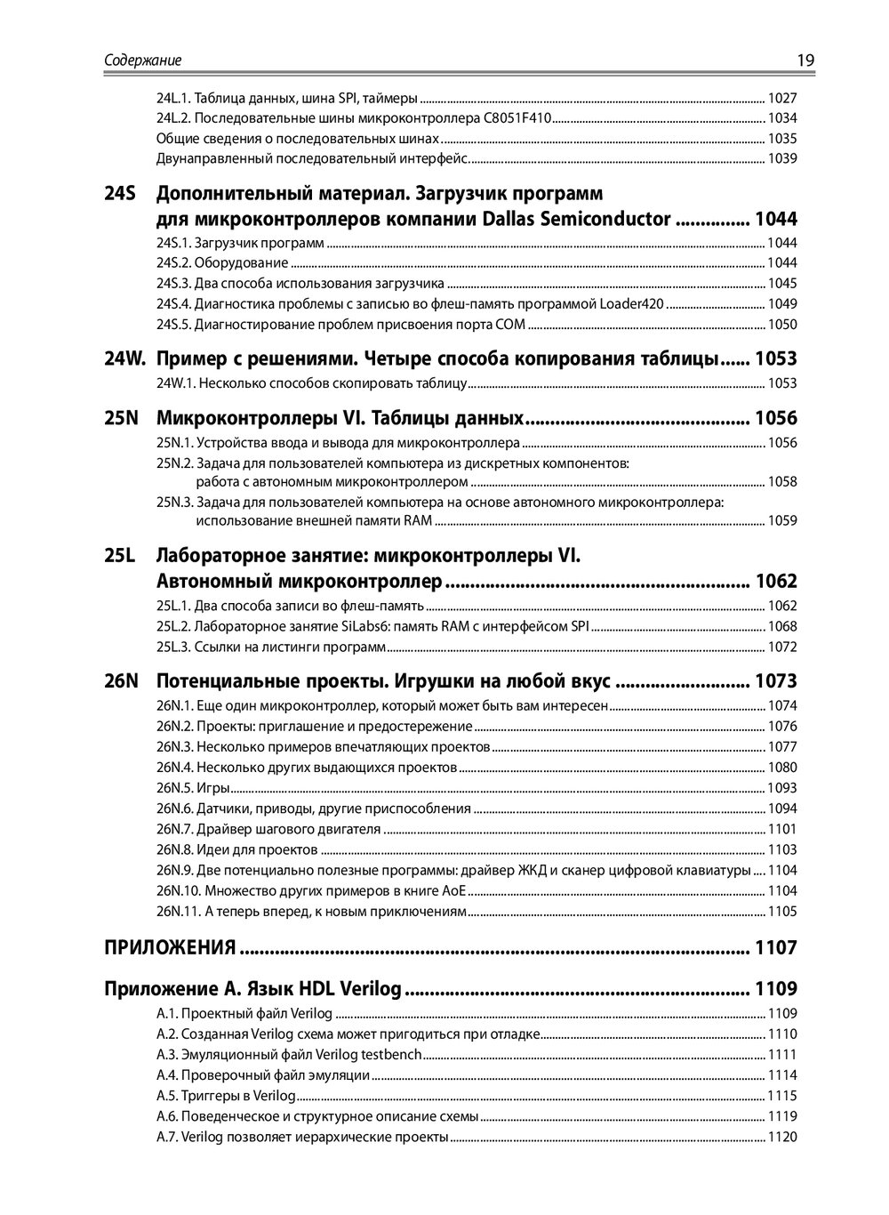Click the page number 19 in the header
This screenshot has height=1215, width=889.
point(805,60)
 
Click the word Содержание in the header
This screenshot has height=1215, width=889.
point(143,60)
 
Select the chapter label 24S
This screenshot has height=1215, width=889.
point(120,193)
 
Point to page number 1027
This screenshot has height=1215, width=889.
point(782,98)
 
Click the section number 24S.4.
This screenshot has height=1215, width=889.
point(173,304)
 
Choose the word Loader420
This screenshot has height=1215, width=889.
point(631,304)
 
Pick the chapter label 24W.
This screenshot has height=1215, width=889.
point(124,358)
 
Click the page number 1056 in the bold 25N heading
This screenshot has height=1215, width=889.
point(776,418)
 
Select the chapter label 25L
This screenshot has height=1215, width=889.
point(120,556)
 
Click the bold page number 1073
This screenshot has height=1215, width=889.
point(776,681)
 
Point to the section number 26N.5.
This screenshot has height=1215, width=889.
point(174,788)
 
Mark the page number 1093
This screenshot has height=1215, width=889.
point(782,788)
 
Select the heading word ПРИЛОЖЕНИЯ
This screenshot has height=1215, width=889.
point(170,947)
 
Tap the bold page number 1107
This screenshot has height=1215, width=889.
point(776,947)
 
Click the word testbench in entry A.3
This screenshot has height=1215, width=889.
point(391,1055)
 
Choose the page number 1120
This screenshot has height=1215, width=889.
point(782,1137)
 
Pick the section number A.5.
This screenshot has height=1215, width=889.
point(167,1096)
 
